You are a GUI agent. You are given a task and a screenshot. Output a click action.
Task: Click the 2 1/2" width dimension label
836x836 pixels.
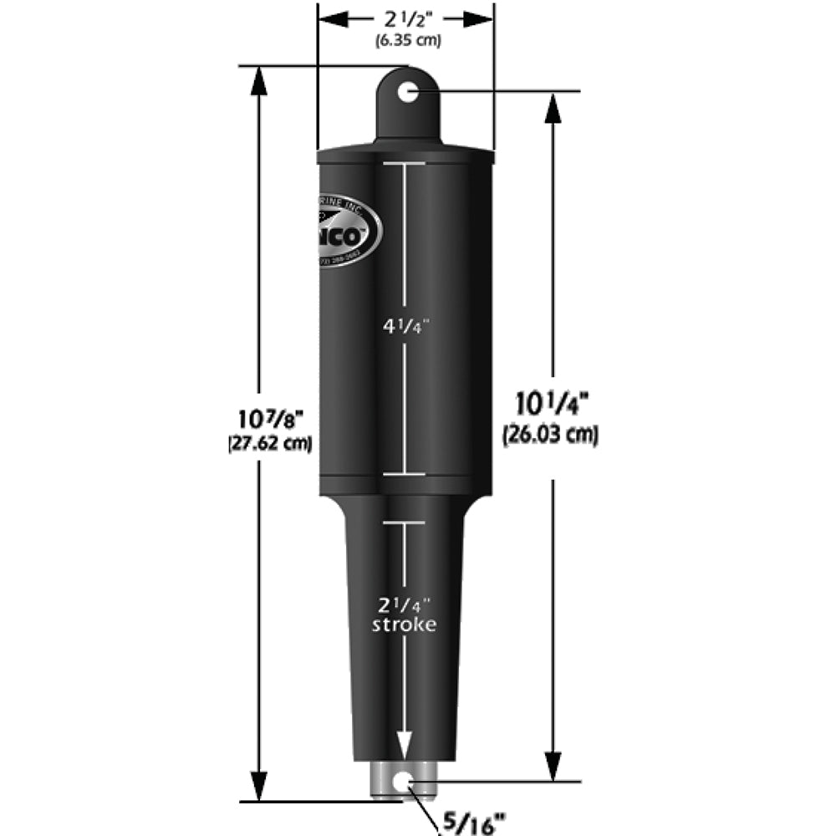tap(405, 19)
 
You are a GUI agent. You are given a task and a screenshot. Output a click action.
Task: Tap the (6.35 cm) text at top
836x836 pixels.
tap(405, 39)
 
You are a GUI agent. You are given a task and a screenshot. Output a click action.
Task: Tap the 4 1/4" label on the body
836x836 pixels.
tap(405, 327)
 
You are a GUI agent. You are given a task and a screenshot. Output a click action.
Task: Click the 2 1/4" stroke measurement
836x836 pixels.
tap(405, 604)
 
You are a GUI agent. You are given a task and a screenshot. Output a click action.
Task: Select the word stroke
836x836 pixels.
tap(405, 624)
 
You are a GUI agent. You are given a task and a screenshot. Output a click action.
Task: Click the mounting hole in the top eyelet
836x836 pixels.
tap(407, 91)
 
